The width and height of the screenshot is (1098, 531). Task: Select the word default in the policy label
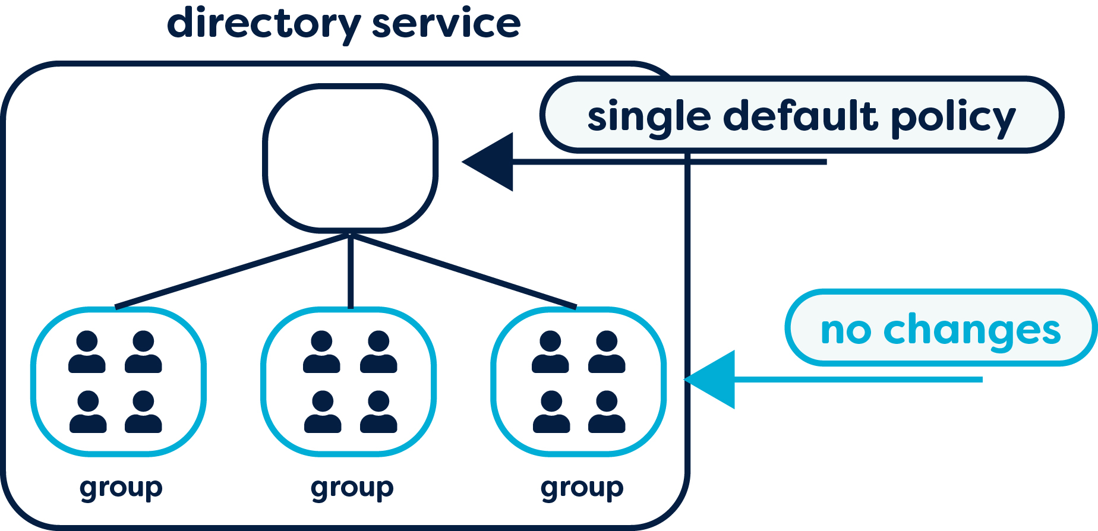(x=800, y=115)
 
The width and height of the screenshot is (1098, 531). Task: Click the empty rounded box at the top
(x=351, y=158)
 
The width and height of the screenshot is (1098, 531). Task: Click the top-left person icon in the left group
(x=87, y=352)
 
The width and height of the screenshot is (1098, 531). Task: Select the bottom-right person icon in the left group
(x=143, y=412)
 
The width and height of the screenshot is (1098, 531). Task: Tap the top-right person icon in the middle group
(x=378, y=352)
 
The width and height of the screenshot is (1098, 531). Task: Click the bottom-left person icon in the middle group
(x=323, y=412)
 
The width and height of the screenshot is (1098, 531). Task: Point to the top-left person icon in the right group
(x=550, y=352)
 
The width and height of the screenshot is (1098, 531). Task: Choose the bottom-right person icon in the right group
(x=607, y=412)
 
